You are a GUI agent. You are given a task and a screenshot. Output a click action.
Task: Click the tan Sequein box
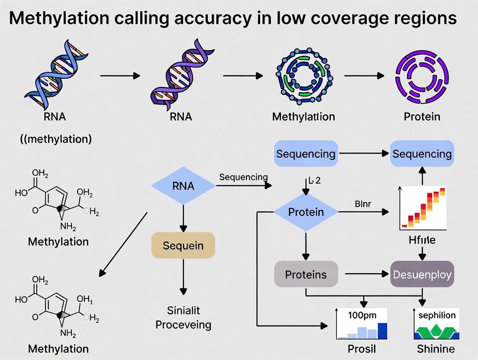[183, 245]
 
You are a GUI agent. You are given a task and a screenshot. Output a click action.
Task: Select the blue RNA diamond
[183, 186]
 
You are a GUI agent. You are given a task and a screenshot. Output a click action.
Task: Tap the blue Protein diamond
[306, 212]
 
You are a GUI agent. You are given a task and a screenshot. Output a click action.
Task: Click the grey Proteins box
[306, 274]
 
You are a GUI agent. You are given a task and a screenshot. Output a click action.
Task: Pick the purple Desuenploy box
[422, 274]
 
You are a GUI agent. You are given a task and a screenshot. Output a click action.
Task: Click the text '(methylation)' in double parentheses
[56, 139]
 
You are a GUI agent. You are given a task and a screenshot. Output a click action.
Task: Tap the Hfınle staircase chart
[423, 209]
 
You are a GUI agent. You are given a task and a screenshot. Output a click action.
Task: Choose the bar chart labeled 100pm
[362, 323]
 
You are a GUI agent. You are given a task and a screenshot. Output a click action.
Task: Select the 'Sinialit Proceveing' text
[183, 317]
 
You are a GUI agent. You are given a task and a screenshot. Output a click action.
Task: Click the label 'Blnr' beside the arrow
[363, 204]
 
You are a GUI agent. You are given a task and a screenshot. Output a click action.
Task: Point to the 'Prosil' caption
[362, 349]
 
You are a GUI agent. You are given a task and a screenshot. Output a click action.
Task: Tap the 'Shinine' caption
[436, 349]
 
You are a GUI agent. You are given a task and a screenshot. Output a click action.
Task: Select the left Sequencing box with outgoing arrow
[306, 154]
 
